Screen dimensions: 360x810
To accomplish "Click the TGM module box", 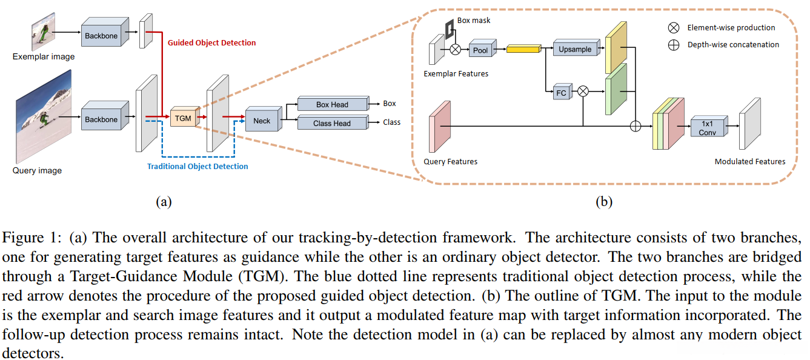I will click(x=183, y=118).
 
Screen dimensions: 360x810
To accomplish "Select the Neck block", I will click(x=262, y=120).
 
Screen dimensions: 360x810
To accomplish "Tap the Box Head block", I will click(x=332, y=104).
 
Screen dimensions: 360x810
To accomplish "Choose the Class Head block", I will click(x=332, y=123).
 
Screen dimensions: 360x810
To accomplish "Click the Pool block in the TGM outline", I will click(x=480, y=50).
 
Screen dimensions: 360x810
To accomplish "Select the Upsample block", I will click(x=575, y=49).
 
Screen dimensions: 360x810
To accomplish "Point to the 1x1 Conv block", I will click(x=708, y=128).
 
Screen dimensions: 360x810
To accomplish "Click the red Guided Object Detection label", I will click(x=211, y=43).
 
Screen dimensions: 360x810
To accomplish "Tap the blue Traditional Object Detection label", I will click(x=198, y=166).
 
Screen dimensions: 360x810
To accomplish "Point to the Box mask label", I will click(x=474, y=21).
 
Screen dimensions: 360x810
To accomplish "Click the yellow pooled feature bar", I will click(x=523, y=49).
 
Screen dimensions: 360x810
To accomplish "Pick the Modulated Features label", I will click(x=750, y=162).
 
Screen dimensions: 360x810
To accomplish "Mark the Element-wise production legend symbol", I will click(x=674, y=28).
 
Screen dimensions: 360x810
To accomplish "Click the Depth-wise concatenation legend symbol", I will click(x=674, y=45).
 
